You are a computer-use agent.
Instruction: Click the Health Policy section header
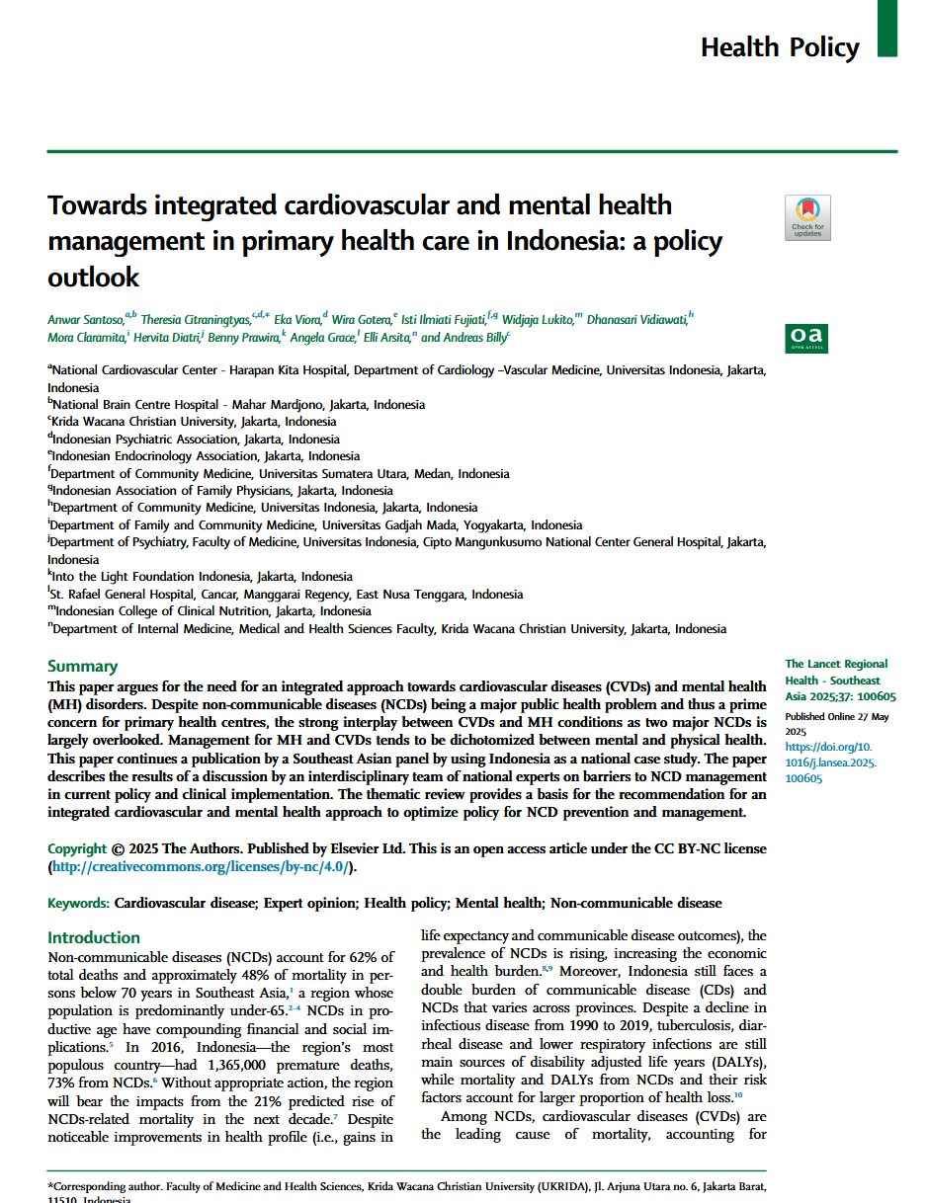coord(779,46)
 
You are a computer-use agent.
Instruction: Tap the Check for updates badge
coord(807,217)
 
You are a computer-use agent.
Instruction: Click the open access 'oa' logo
coord(806,339)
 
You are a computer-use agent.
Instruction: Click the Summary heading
coord(82,666)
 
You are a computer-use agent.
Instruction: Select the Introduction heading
coord(94,937)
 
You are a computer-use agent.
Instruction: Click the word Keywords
coord(78,903)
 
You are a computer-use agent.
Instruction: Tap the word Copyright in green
coord(77,848)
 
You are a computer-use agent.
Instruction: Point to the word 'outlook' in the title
coord(94,279)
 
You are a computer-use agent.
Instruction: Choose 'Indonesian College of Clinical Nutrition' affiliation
coord(164,610)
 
